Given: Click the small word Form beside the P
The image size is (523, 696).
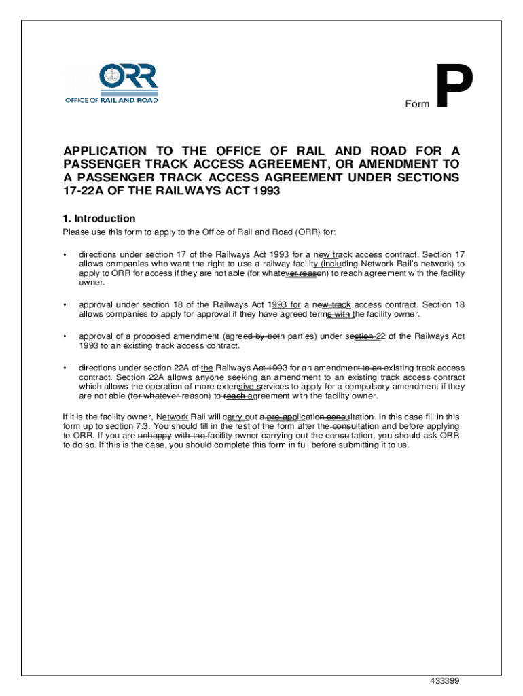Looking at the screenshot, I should click(x=417, y=104).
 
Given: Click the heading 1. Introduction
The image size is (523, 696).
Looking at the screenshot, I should click(x=99, y=219).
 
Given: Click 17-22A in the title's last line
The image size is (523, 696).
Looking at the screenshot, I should click(x=83, y=191).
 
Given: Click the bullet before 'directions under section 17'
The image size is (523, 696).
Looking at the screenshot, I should click(x=65, y=255).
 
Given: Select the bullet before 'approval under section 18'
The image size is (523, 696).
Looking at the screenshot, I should click(x=65, y=305).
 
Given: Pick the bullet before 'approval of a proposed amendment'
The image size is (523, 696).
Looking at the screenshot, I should click(x=65, y=336).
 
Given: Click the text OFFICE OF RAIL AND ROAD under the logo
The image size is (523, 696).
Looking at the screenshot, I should click(x=111, y=100).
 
